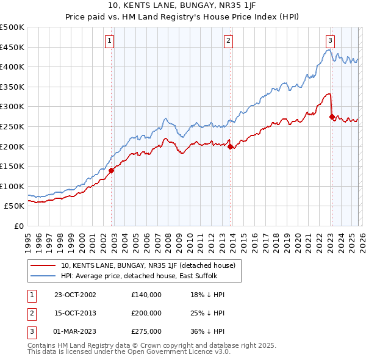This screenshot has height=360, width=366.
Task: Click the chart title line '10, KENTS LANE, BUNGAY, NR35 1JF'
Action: pyautogui.click(x=182, y=7)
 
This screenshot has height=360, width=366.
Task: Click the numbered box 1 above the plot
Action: pyautogui.click(x=109, y=41)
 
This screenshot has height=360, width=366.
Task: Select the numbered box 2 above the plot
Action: pyautogui.click(x=228, y=41)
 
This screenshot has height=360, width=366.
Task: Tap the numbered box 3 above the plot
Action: pyautogui.click(x=329, y=41)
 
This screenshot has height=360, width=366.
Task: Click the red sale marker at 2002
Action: pyautogui.click(x=112, y=171)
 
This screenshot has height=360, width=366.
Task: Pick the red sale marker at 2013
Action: pyautogui.click(x=230, y=146)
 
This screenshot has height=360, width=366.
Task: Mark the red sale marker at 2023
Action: pyautogui.click(x=331, y=117)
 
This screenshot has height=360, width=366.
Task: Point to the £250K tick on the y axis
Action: pyautogui.click(x=12, y=126)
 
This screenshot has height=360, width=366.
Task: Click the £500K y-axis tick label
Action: pyautogui.click(x=12, y=27)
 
